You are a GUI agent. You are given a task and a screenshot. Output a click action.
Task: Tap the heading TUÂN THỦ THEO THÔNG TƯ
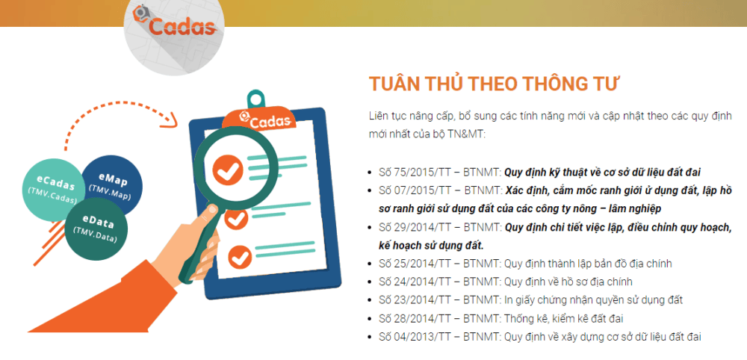pos(494,84)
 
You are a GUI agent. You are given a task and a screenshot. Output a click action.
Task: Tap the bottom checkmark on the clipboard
pos(239,256)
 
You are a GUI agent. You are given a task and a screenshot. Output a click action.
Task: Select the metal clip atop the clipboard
pos(255,99)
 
